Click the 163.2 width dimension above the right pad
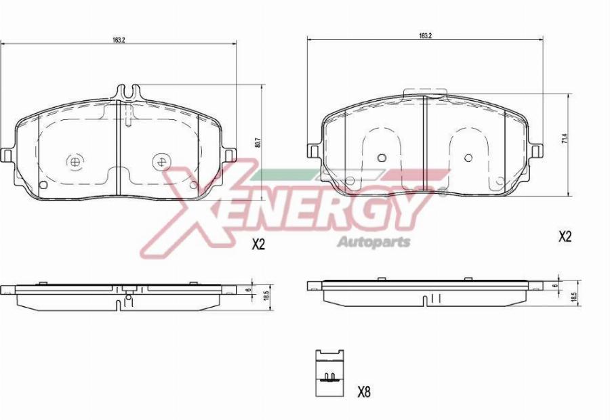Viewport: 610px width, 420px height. coord(425,35)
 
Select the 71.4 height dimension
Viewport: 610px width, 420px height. coord(563,140)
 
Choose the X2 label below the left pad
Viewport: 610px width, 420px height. coord(258,245)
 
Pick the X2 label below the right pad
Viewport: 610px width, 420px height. coord(565,236)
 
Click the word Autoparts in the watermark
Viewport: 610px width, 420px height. coord(373,242)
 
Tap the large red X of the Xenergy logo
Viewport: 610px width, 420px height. coord(197,210)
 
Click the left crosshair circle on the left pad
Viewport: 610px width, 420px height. coord(75,161)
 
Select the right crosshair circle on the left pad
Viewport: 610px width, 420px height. coord(161,161)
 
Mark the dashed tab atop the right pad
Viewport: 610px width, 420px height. coord(425,92)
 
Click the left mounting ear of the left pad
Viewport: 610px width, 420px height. coord(7,154)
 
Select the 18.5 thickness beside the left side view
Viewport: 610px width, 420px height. coord(267,296)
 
